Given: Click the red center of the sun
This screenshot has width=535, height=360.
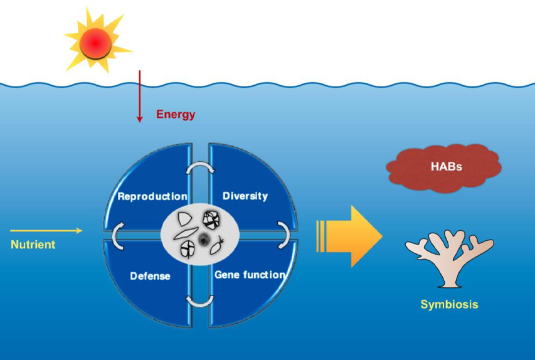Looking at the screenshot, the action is tap(96, 43).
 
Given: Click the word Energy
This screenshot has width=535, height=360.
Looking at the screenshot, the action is tap(176, 114).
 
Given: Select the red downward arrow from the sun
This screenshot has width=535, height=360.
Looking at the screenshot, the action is tap(139, 96).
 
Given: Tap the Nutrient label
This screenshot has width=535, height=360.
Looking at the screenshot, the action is tap(33, 245).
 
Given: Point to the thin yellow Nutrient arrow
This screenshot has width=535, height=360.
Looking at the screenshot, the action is tap(46, 231).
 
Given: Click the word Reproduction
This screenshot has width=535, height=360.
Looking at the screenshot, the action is tap(152, 196).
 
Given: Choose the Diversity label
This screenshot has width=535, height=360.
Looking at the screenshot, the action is tap(245, 196).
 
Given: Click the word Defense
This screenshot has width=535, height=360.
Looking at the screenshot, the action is tap(150, 276).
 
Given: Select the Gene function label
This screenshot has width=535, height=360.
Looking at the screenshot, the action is tap(250, 275).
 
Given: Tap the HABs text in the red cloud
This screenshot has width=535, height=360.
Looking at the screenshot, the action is tap(447, 167).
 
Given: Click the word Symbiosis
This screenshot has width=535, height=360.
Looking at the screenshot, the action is tap(449, 304).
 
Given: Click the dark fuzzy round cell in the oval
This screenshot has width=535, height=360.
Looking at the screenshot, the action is tap(204, 239).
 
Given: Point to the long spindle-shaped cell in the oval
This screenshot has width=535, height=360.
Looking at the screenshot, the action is tap(186, 233).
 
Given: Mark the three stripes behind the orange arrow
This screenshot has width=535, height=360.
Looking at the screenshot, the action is tap(320, 236).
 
